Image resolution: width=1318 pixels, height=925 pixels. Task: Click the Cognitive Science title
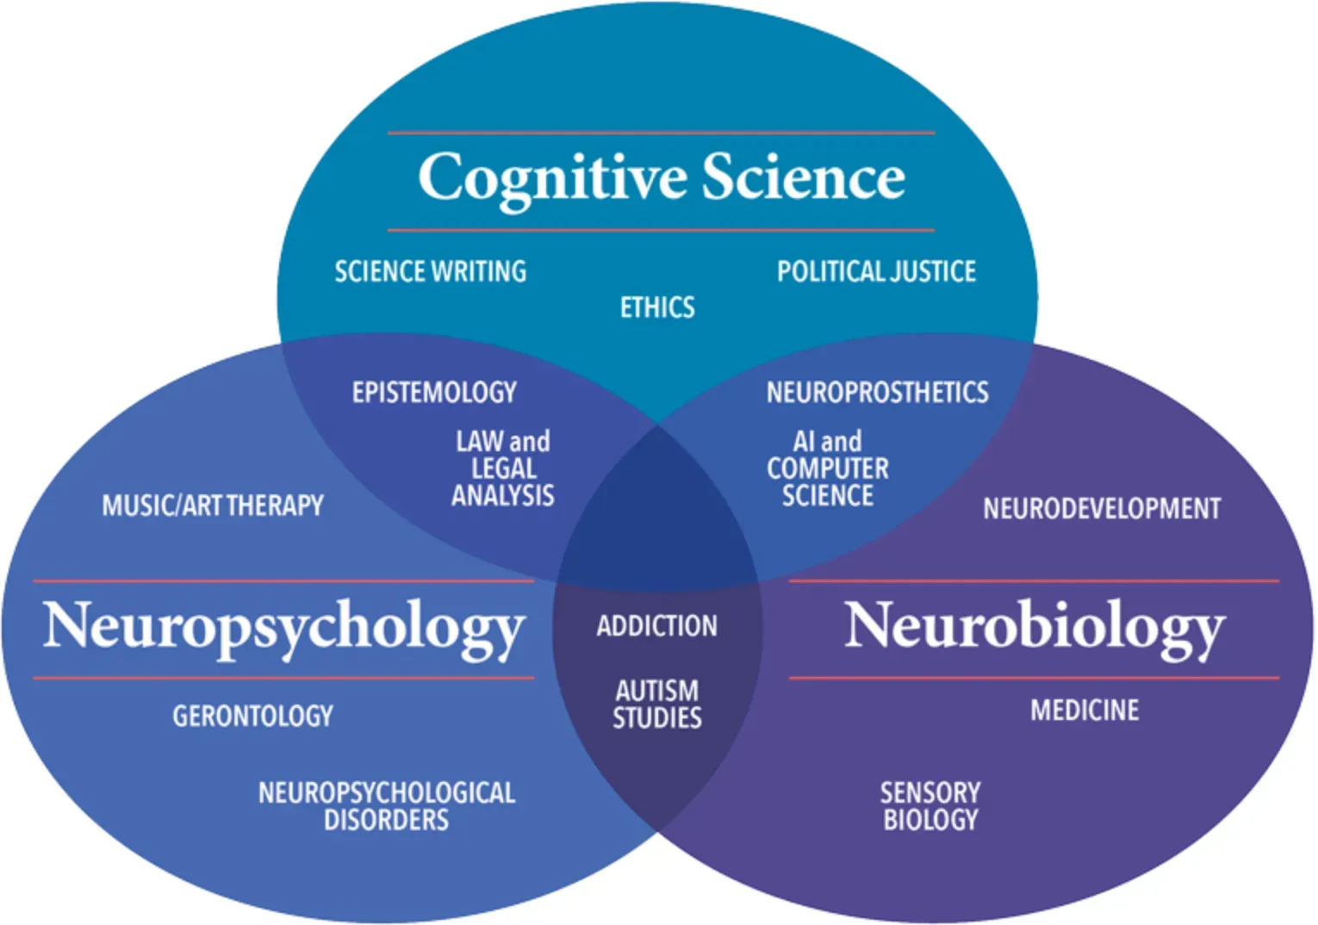coord(661,178)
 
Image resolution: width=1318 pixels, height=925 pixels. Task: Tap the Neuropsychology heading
coord(283,627)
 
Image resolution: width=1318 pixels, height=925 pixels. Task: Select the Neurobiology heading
coord(1034,627)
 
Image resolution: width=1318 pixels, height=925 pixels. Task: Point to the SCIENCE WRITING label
coord(430,271)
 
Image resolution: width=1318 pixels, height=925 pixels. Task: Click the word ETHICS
coord(657,307)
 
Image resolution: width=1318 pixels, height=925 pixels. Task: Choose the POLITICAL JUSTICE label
coord(876,271)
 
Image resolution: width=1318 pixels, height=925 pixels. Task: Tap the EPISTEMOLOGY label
coord(434,393)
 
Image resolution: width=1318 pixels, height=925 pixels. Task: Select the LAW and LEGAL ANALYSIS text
coord(503,469)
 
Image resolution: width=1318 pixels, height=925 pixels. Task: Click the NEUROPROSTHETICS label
coord(877,393)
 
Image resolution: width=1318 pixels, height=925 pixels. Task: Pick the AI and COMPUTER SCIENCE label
coord(827,469)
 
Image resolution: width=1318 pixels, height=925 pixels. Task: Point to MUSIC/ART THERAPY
coord(213,506)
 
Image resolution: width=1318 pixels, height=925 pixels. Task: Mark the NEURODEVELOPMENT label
coord(1102,508)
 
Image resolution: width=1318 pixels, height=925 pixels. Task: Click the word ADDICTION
coord(656,625)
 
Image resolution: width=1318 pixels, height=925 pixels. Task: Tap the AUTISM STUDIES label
coord(656,704)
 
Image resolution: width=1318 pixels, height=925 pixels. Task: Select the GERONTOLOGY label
coord(252,716)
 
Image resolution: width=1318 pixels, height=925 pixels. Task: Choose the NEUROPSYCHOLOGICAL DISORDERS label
coord(387,805)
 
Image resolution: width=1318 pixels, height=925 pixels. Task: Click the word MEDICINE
coord(1085,711)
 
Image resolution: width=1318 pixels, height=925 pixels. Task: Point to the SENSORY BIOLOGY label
coord(930,805)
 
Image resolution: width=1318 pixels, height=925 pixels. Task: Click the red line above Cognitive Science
coord(661,133)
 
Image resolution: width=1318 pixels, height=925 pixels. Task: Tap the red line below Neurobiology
coord(1034,678)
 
